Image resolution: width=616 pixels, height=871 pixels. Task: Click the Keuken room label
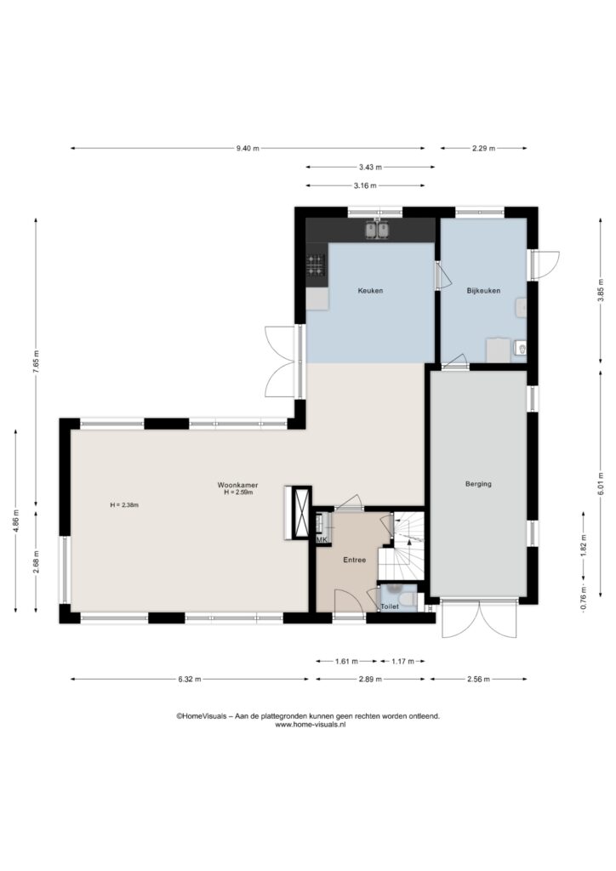pyautogui.click(x=370, y=291)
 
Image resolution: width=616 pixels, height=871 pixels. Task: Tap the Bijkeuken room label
pyautogui.click(x=483, y=291)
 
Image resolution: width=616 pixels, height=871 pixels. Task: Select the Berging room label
pyautogui.click(x=478, y=484)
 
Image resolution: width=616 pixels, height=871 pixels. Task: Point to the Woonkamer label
pyautogui.click(x=237, y=485)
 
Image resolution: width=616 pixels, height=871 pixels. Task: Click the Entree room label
pyautogui.click(x=355, y=560)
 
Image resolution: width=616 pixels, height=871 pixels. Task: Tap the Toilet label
pyautogui.click(x=390, y=606)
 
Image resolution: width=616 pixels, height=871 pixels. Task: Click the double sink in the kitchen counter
pyautogui.click(x=377, y=230)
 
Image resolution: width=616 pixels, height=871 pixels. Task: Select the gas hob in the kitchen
pyautogui.click(x=316, y=265)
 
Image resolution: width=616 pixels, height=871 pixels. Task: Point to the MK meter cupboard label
pyautogui.click(x=322, y=539)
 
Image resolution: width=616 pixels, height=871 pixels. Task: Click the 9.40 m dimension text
pyautogui.click(x=248, y=148)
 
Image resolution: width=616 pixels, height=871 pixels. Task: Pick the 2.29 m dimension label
pyautogui.click(x=483, y=148)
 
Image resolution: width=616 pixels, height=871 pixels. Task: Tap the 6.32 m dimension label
pyautogui.click(x=190, y=679)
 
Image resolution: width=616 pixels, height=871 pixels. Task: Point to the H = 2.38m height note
pyautogui.click(x=124, y=505)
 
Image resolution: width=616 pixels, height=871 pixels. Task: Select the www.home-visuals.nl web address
pyautogui.click(x=311, y=725)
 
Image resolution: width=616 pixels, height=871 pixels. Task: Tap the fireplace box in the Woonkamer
pyautogui.click(x=299, y=512)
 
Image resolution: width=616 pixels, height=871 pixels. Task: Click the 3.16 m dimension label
pyautogui.click(x=365, y=185)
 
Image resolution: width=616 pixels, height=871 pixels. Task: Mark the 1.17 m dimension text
pyautogui.click(x=402, y=661)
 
